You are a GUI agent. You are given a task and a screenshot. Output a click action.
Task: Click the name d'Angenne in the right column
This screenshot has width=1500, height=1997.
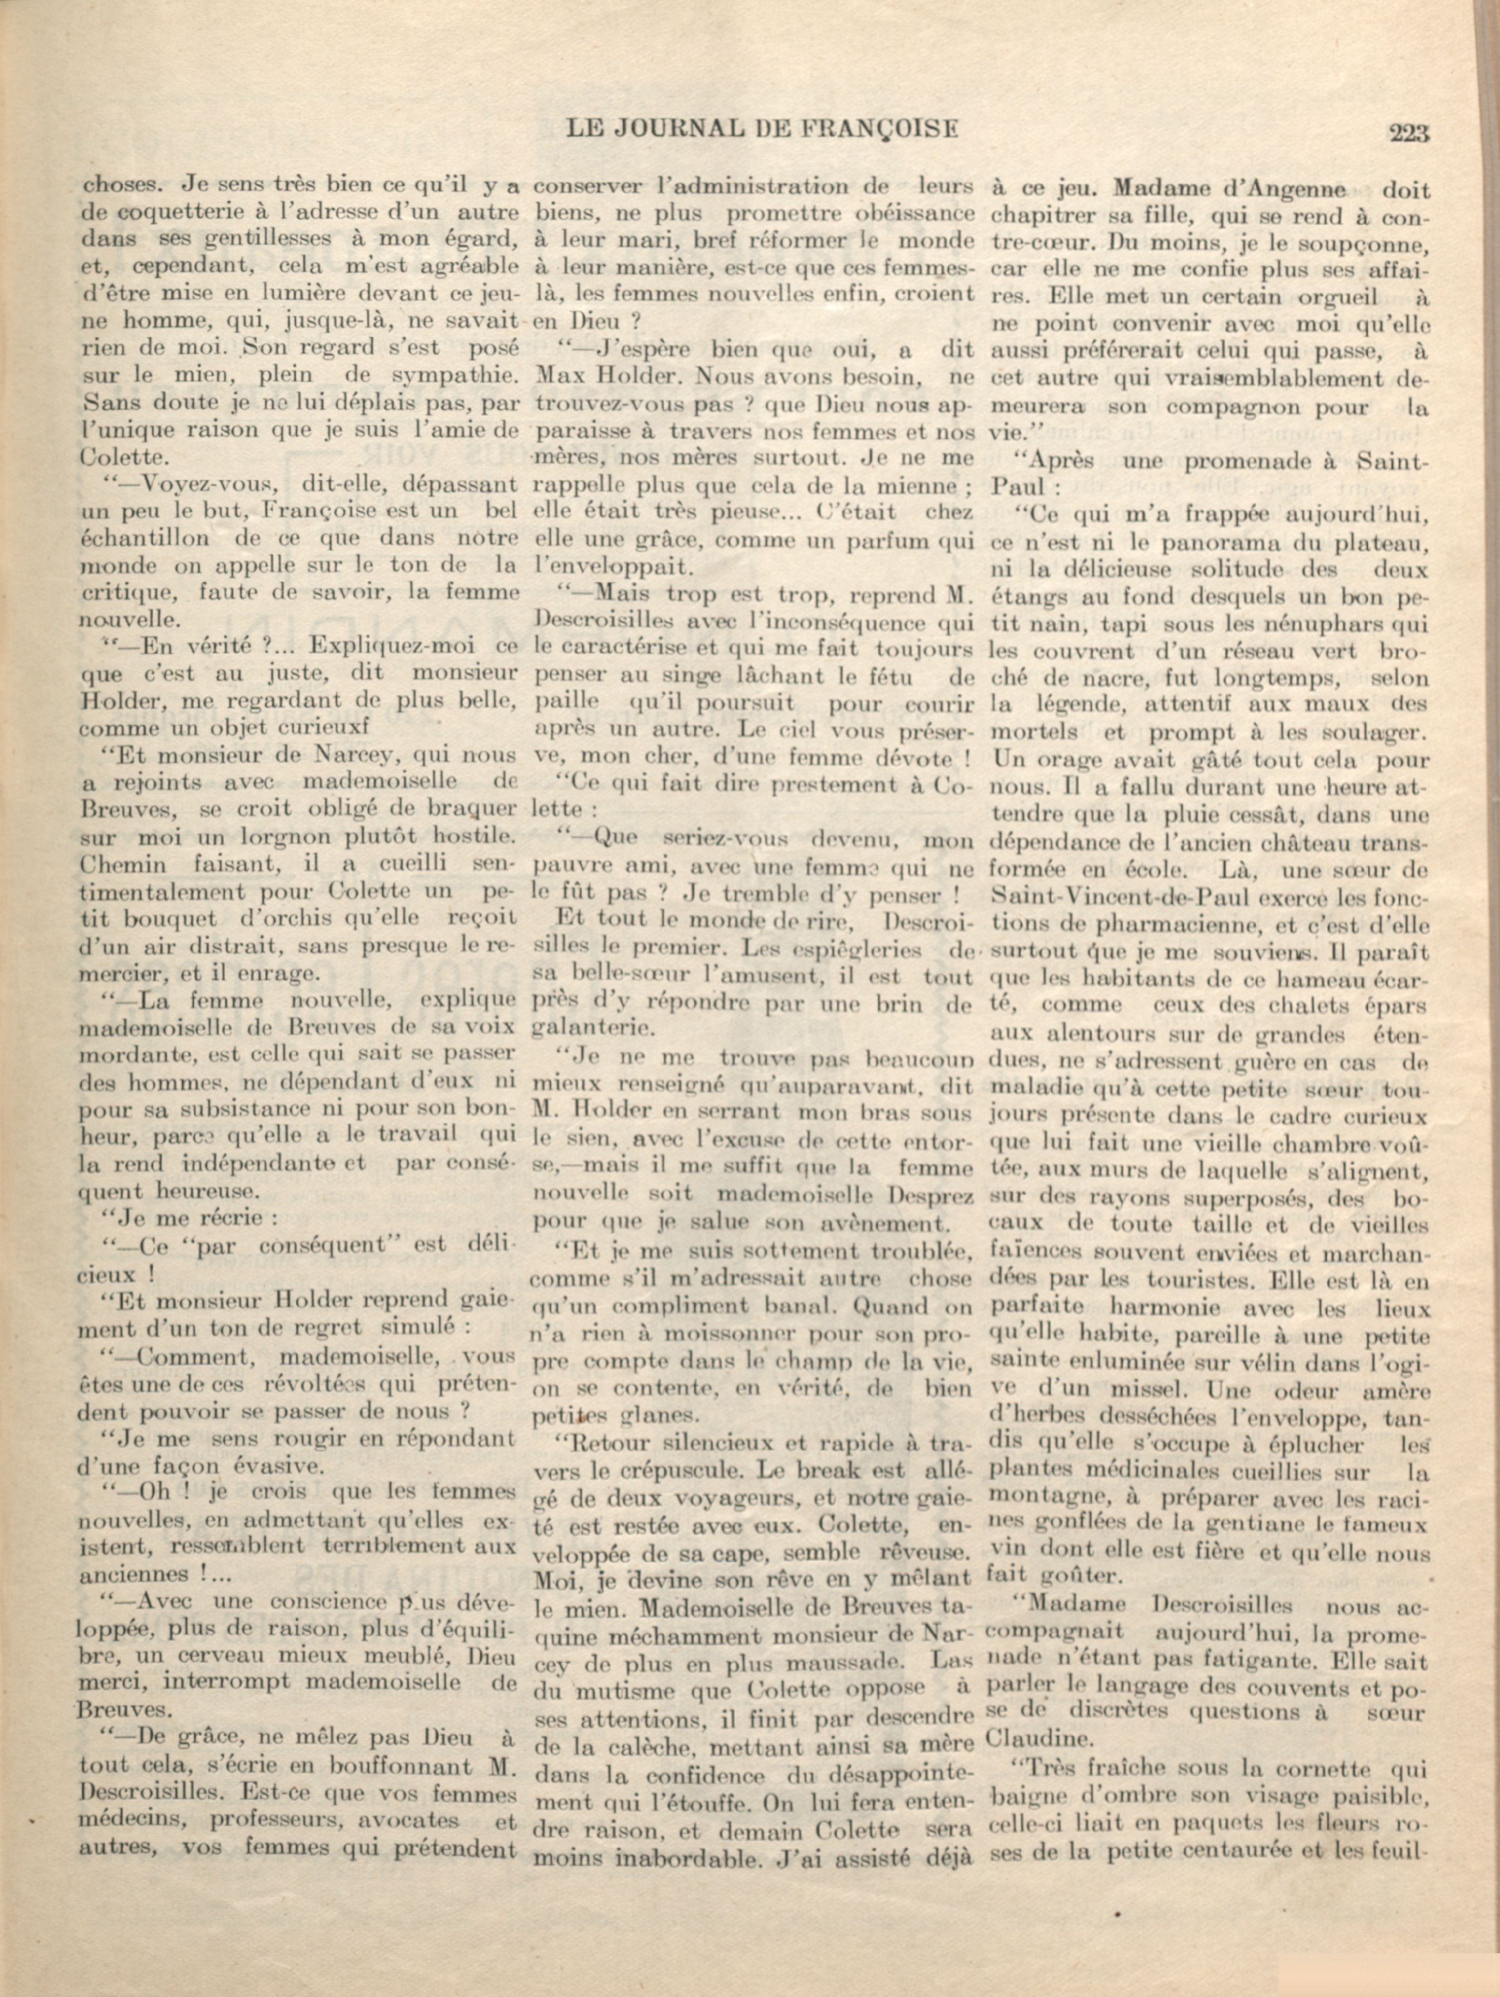[x=1291, y=190]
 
